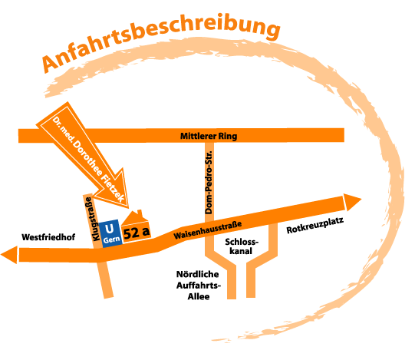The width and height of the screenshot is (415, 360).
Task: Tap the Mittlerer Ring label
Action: pyautogui.click(x=209, y=136)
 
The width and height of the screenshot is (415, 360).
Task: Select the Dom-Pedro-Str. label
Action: pyautogui.click(x=209, y=182)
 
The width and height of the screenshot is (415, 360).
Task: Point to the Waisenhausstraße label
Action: pyautogui.click(x=208, y=230)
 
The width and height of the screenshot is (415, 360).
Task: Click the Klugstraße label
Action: pyautogui.click(x=91, y=219)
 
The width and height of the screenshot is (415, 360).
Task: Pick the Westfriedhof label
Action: pyautogui.click(x=48, y=237)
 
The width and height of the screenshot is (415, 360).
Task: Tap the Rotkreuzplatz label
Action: pyautogui.click(x=315, y=226)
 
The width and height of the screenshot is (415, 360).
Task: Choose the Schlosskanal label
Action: pyautogui.click(x=242, y=246)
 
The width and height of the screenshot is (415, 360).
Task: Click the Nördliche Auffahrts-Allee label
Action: pyautogui.click(x=199, y=286)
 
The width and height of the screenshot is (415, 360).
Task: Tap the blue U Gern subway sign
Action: pyautogui.click(x=111, y=233)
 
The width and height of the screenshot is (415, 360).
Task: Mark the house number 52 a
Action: pyautogui.click(x=137, y=233)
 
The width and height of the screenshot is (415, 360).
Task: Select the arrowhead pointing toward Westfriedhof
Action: pyautogui.click(x=9, y=255)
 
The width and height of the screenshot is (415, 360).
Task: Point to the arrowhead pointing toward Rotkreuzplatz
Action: pyautogui.click(x=352, y=202)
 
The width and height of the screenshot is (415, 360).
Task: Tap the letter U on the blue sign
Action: pyautogui.click(x=109, y=229)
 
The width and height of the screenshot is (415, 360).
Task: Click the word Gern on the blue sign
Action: pyautogui.click(x=111, y=239)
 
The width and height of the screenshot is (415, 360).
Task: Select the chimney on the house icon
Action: pyautogui.click(x=140, y=213)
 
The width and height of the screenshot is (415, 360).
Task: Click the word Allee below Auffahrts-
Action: pyautogui.click(x=199, y=296)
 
